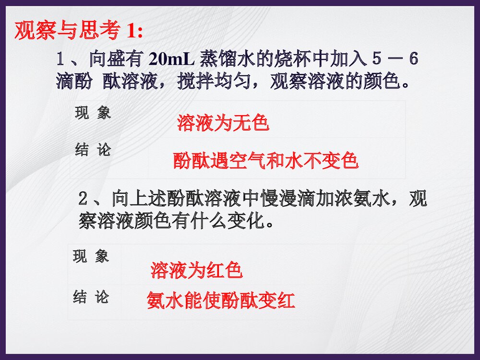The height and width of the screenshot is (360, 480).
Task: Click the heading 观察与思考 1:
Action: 79,32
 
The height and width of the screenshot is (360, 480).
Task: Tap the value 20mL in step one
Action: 171,60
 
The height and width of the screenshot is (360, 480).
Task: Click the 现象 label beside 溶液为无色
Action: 93,113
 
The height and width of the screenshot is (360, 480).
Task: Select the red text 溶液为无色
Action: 223,123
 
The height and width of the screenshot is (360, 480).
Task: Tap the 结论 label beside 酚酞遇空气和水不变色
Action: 93,150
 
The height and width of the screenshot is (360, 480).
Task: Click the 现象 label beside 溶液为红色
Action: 91,256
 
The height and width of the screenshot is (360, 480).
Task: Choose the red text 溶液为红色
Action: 196,271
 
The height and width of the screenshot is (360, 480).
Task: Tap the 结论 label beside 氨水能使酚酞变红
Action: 91,297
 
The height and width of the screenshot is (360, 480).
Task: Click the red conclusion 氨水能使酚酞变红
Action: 221,300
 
